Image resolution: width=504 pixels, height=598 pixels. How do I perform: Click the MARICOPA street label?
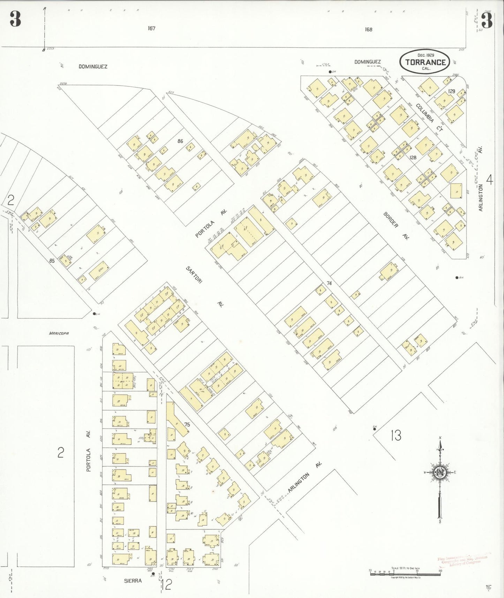[59, 333]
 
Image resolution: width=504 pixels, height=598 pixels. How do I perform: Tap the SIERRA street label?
[133, 581]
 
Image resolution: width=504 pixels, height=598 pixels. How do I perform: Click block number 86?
[180, 141]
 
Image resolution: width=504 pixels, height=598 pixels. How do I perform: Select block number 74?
[329, 283]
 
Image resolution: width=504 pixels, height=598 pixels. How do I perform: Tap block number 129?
[452, 91]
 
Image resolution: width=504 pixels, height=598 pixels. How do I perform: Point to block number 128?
[413, 158]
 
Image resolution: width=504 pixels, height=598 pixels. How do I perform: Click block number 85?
[52, 260]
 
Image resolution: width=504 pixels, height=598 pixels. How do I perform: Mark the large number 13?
[396, 435]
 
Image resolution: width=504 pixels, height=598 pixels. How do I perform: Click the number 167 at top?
[151, 28]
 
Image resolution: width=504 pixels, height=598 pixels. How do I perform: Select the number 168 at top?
[368, 29]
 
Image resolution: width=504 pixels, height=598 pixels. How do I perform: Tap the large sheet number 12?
[167, 584]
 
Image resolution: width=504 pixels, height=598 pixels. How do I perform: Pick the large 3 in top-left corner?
[15, 19]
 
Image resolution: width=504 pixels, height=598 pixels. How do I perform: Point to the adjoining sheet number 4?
[490, 180]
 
